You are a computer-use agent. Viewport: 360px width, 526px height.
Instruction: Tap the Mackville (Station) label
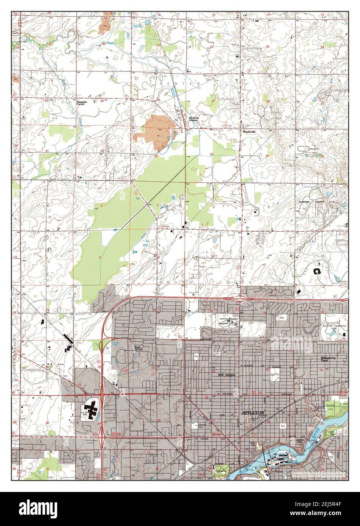[x=194, y=119]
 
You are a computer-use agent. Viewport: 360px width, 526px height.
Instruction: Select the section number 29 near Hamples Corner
[x=102, y=101]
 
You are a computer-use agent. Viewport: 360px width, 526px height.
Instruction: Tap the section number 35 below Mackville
[x=267, y=156]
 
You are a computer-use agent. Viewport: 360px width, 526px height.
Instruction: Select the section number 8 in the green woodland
[x=100, y=257]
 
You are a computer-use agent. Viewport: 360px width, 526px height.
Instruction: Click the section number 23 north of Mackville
[x=268, y=47]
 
